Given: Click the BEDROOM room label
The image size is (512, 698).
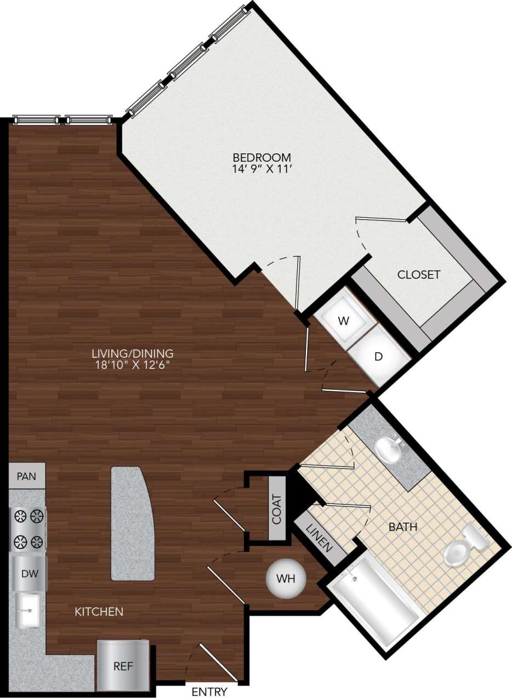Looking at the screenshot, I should point(261,157).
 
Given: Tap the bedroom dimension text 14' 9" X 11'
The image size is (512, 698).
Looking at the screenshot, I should point(261,169).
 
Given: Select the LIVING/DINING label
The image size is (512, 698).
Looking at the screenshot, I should point(133,353).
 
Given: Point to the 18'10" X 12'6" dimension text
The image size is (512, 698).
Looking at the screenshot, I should point(133,365).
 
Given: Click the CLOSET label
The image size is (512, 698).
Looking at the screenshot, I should point(419,274).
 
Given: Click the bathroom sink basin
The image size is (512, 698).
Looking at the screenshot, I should point(389,449).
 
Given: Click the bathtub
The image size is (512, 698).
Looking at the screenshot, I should point(376,600).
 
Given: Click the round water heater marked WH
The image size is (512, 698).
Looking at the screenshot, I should point(285,579).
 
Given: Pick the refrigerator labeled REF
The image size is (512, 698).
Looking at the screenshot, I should point(123,666).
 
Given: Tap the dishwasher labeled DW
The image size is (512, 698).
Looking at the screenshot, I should point(29,574).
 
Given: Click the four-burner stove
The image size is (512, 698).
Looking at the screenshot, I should point(29,529).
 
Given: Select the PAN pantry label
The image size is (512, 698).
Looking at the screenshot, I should point(26,476).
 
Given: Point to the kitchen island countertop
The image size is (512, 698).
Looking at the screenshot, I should point(133,523).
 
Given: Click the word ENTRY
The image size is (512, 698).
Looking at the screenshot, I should point(209,691).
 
